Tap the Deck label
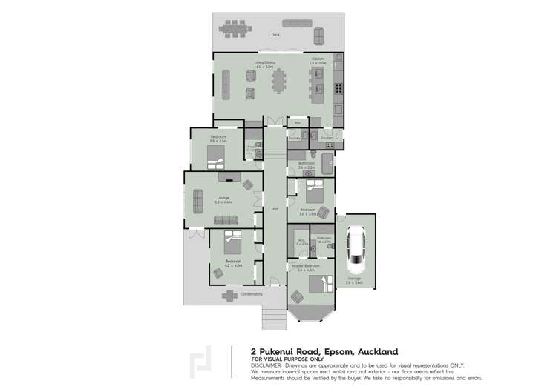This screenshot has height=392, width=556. pyautogui.click(x=275, y=35)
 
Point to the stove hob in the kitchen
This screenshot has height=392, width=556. pyautogui.click(x=338, y=88)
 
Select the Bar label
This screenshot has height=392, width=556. pyautogui.click(x=298, y=122)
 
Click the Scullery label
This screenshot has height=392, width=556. pyautogui.click(x=327, y=138)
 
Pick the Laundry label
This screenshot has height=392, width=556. pyautogui.click(x=295, y=138)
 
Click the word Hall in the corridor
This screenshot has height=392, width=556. pyautogui.click(x=274, y=209)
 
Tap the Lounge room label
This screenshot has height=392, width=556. pyautogui.click(x=223, y=199)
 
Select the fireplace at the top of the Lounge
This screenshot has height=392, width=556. pyautogui.click(x=229, y=177)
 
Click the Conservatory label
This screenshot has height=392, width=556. pyautogui.click(x=252, y=294)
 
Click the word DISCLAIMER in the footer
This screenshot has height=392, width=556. pyautogui.click(x=266, y=365)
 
